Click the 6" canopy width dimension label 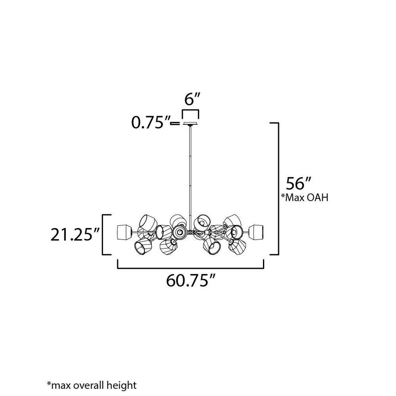(192, 99)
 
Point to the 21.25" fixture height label (74, 235)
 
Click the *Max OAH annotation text (305, 198)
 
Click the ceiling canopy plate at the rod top (190, 124)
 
